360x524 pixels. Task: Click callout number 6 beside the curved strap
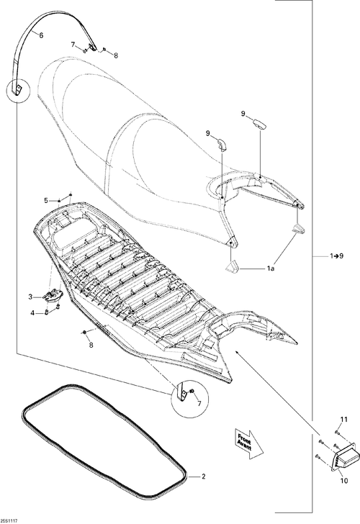pos(41,35)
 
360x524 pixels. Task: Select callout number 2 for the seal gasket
pos(204,476)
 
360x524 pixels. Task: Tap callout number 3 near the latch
pos(30,297)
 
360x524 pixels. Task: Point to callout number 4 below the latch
pos(32,314)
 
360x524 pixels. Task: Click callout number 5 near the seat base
pos(46,201)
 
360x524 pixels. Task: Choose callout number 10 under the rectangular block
pos(344,481)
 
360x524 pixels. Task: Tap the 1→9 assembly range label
pos(337,256)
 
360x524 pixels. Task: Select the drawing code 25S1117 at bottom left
pos(9,521)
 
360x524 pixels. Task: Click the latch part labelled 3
pos(53,295)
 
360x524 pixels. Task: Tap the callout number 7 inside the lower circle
pos(199,404)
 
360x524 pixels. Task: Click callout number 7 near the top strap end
pos(73,45)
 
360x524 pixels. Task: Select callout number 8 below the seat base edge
pos(91,345)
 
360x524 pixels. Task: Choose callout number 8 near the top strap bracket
pos(116,56)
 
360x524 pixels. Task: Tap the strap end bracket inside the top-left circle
pos(17,89)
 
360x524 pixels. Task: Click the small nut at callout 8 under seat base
pos(84,332)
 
